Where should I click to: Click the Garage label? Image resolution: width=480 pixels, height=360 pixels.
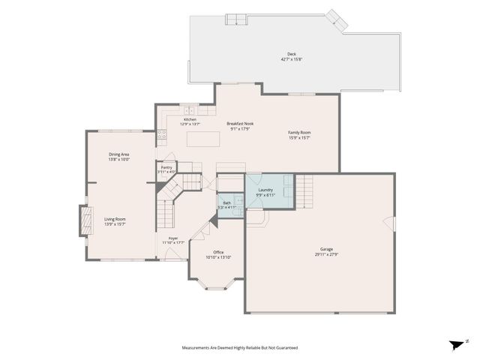click(326, 249)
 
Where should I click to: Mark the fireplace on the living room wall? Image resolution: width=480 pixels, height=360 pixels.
click(79, 221)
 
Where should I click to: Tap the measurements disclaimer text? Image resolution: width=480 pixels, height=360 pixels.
click(240, 347)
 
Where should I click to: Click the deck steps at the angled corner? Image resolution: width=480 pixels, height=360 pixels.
click(336, 20)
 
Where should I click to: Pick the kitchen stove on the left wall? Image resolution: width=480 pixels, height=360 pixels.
click(161, 136)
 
